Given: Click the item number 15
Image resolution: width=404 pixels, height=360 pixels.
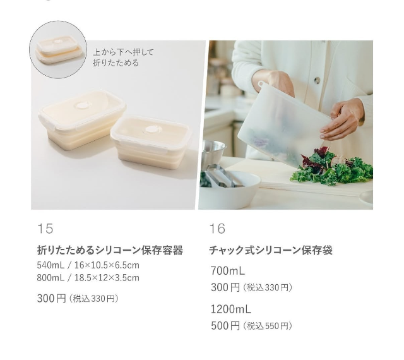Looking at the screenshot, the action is coord(45,229).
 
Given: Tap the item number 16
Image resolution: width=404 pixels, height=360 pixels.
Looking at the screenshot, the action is coord(217,229).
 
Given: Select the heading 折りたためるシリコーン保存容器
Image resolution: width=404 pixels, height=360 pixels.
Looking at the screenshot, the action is coord(110,250).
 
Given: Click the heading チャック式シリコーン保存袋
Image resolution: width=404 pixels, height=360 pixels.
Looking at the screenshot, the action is coord(271,250).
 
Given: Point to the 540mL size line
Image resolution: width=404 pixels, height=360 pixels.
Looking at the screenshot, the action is coord(88,265).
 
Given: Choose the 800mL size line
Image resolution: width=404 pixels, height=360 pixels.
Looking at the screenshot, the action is coord(88,278).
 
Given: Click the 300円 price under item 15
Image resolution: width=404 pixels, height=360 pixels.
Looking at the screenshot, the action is coord(52,299).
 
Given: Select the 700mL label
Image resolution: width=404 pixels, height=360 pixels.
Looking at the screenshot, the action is coord(228,271).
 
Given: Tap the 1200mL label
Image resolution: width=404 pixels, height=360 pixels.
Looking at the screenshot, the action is coord(231,309).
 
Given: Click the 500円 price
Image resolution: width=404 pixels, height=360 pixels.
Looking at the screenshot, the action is coord(225,326).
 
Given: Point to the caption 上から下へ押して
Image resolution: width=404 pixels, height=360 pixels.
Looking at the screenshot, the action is coord(123,52).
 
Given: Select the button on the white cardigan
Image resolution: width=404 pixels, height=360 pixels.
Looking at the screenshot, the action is coord(318,80).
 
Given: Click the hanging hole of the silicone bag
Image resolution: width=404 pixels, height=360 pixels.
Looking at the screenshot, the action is coord(261,83).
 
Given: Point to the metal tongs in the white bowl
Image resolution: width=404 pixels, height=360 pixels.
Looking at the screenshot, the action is coord(223,176).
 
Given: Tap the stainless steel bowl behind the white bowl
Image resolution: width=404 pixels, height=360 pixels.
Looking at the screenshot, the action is coord(214,153).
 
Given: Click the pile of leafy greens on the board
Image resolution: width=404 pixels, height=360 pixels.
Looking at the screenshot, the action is coord(333,166).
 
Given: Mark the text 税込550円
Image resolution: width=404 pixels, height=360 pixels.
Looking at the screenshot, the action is coord(267,327).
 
